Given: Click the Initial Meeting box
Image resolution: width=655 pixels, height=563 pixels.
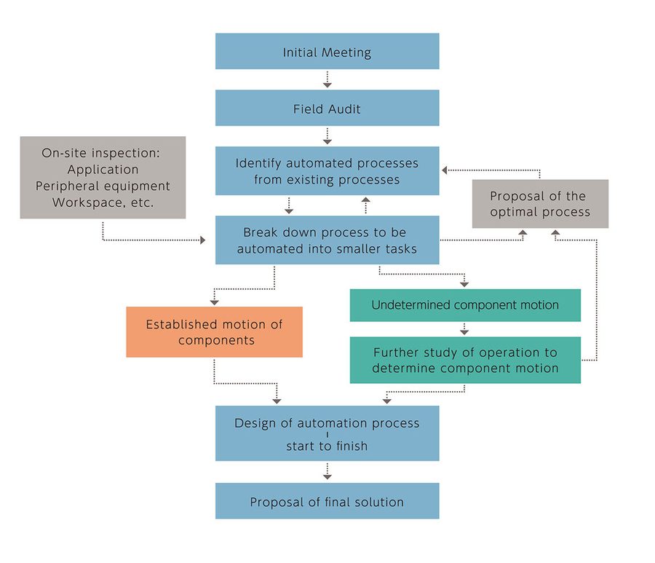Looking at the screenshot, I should (x=327, y=52).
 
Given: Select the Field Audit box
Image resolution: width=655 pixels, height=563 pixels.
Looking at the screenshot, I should (x=327, y=109).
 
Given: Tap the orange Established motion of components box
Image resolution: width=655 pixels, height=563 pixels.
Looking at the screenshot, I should (x=214, y=332).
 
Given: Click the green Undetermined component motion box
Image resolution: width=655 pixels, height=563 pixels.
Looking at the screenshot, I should (x=465, y=305).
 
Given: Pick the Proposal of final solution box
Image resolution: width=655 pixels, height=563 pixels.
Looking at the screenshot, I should (x=327, y=501).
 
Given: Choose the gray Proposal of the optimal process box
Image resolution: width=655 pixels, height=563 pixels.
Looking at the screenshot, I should (x=539, y=204).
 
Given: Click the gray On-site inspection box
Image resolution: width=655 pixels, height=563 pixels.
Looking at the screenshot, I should (x=103, y=177).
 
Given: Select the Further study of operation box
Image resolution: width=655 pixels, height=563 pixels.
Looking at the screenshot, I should (x=465, y=360).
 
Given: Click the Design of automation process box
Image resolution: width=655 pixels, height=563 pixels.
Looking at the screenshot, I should (x=327, y=433).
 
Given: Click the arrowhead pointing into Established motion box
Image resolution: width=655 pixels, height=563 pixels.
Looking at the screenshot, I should (x=214, y=300).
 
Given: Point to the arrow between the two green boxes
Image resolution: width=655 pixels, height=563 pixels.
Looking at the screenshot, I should (x=465, y=328).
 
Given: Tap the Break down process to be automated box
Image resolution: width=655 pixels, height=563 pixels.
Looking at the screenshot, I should (x=327, y=240).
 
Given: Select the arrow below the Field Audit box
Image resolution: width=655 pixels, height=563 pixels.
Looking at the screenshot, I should (x=327, y=135).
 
